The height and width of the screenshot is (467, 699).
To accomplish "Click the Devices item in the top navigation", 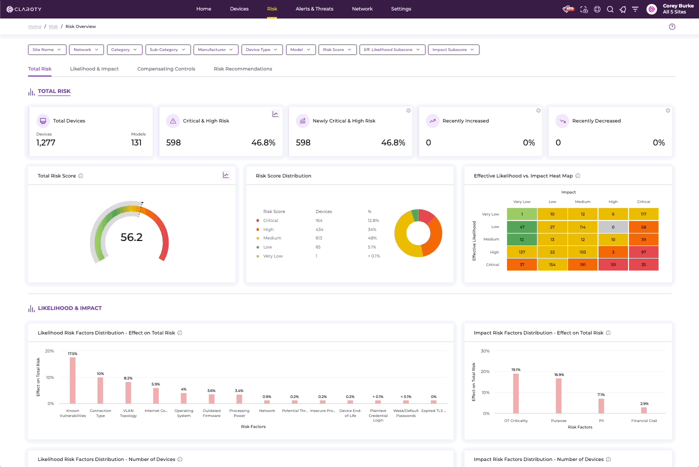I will [x=239, y=9].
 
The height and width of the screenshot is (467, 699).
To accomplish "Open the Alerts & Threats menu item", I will [x=314, y=9].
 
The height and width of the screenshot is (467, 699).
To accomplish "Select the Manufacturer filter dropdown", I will [x=215, y=49].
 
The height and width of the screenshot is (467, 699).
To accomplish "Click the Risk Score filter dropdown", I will [x=337, y=49].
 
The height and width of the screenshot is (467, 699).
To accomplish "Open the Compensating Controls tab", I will [x=166, y=69].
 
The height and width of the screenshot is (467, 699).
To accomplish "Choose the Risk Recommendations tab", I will [x=243, y=69].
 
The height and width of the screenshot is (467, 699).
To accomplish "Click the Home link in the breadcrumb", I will [x=34, y=26].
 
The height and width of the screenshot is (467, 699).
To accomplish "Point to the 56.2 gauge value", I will [x=131, y=237].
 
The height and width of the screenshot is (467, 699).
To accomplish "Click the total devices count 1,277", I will [x=46, y=143].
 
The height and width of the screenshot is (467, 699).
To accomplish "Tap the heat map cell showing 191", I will [x=582, y=264].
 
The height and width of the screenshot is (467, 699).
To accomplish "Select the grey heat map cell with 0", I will [x=613, y=227].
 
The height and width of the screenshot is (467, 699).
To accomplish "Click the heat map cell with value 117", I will [x=643, y=214].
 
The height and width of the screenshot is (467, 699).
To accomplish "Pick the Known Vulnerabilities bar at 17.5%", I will [x=73, y=380].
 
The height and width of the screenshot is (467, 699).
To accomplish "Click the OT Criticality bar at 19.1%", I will [x=515, y=393].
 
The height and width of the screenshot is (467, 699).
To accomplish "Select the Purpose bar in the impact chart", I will [x=558, y=395].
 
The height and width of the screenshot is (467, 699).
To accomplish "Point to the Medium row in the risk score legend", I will [x=272, y=238].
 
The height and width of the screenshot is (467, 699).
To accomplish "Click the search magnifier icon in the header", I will [x=610, y=9].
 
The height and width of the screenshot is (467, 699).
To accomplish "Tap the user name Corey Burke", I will [x=678, y=6].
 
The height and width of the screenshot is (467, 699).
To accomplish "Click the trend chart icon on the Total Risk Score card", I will [x=226, y=175].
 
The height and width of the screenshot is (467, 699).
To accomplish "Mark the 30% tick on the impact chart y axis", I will [x=485, y=351].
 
